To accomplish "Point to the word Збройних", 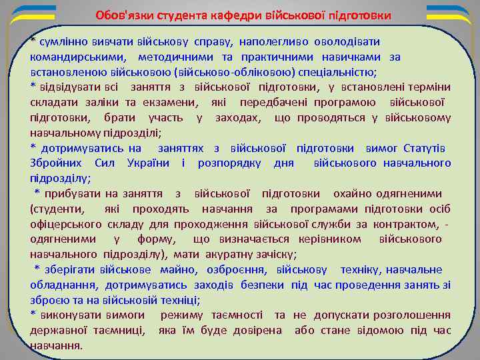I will click(55, 163).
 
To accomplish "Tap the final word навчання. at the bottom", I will click(57, 345).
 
